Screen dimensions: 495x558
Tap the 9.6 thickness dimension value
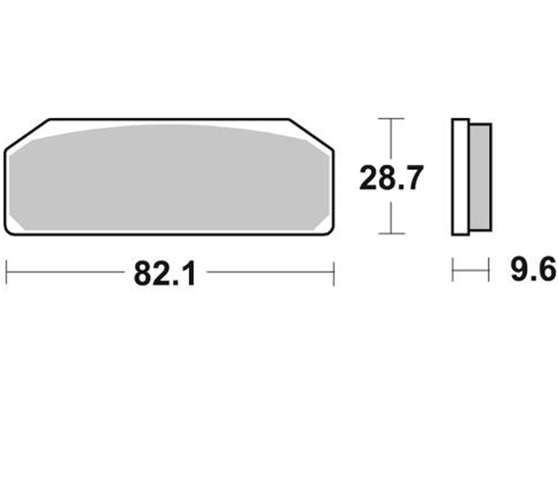pyautogui.click(x=533, y=269)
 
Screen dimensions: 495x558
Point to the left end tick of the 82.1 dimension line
pyautogui.click(x=6, y=273)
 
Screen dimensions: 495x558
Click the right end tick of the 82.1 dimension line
pyautogui.click(x=334, y=273)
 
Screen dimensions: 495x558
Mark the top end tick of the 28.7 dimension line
pyautogui.click(x=391, y=119)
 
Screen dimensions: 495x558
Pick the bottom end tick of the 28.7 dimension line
pyautogui.click(x=391, y=234)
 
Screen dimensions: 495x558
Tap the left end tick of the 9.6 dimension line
pyautogui.click(x=453, y=270)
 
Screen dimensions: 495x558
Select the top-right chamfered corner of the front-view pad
pyautogui.click(x=311, y=133)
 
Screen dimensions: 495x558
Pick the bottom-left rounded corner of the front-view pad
pyautogui.click(x=10, y=229)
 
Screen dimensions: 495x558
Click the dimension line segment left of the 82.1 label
pyautogui.click(x=66, y=273)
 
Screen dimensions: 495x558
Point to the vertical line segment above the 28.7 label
pyautogui.click(x=391, y=139)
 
